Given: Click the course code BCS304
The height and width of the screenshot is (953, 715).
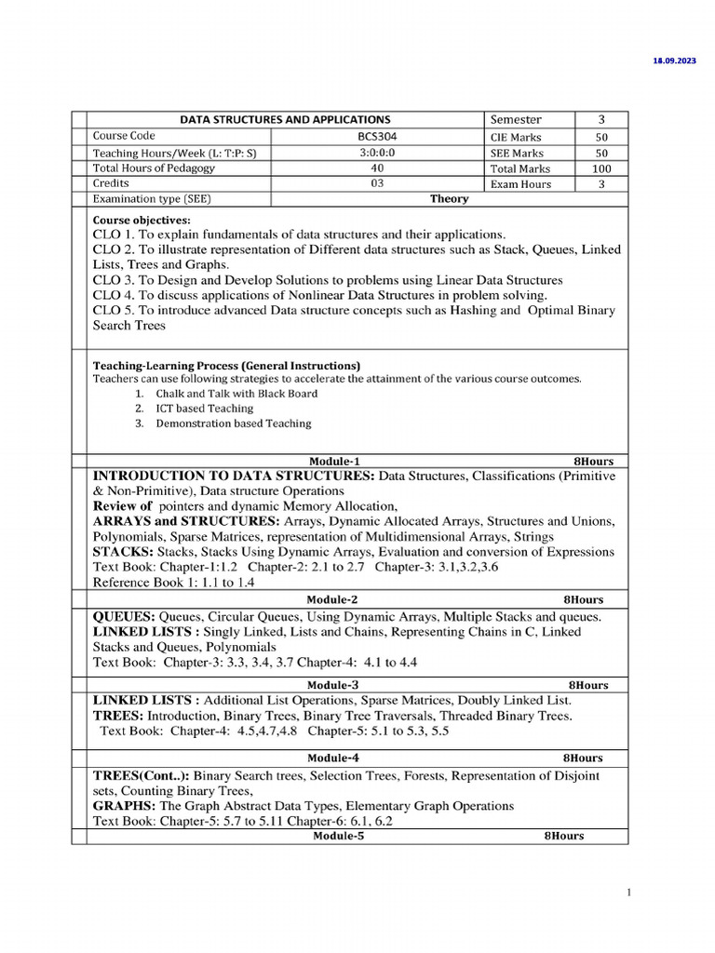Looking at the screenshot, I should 376,136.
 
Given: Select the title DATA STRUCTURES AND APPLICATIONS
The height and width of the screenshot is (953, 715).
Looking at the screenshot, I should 285,120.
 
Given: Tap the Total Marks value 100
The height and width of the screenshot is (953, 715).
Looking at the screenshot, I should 600,168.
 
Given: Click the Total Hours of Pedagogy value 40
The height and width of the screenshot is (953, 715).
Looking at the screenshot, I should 376,168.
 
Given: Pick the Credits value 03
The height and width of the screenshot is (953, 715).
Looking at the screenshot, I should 376,183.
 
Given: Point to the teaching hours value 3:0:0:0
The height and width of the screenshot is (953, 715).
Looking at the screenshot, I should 376,153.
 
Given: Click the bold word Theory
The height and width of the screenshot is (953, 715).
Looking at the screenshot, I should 449,199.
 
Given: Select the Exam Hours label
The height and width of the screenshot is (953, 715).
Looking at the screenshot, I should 520,184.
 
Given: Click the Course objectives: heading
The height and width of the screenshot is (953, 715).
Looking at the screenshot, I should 141,220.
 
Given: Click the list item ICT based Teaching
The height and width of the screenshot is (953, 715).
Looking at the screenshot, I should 204,408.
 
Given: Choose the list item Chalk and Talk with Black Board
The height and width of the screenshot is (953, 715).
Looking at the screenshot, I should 236,393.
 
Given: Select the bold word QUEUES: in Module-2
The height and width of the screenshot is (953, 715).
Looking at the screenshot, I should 124,617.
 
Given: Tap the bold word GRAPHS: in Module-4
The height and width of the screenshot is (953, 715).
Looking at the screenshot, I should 126,805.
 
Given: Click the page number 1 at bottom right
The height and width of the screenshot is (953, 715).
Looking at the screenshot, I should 628,893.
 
